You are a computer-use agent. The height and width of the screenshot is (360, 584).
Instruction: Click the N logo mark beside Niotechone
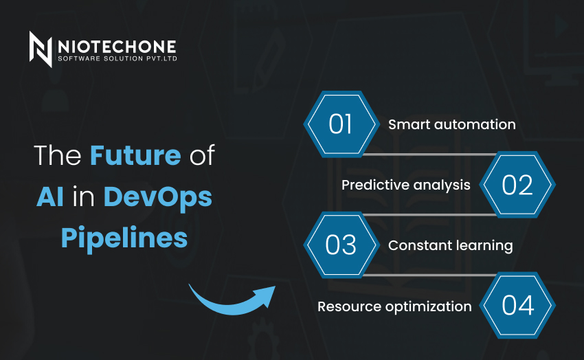pyautogui.click(x=41, y=49)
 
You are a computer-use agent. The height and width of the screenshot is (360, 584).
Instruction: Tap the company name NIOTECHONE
pyautogui.click(x=117, y=47)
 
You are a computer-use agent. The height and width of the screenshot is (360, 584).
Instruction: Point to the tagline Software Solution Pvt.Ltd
pyautogui.click(x=117, y=58)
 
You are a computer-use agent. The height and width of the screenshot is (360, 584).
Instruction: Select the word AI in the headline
pyautogui.click(x=50, y=196)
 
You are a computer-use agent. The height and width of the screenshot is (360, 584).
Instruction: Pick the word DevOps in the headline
pyautogui.click(x=157, y=198)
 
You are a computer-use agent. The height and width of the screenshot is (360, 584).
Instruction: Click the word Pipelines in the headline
pyautogui.click(x=124, y=238)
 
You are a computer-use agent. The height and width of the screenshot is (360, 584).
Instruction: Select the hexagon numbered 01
pyautogui.click(x=341, y=124)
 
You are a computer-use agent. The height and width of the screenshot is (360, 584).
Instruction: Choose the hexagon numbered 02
pyautogui.click(x=517, y=185)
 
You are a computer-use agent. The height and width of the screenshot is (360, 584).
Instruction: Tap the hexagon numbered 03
pyautogui.click(x=341, y=245)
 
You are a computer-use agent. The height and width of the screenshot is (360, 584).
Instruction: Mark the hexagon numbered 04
pyautogui.click(x=517, y=306)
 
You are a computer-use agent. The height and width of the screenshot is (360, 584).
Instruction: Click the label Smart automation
pyautogui.click(x=452, y=124)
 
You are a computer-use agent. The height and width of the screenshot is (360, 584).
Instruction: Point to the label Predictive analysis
pyautogui.click(x=406, y=185)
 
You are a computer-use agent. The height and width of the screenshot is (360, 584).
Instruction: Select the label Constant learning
pyautogui.click(x=451, y=246)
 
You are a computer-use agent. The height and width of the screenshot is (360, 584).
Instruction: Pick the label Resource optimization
pyautogui.click(x=394, y=307)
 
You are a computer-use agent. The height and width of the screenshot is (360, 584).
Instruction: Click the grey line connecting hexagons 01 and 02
pyautogui.click(x=429, y=154)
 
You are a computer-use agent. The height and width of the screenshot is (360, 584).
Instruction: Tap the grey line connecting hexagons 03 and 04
pyautogui.click(x=429, y=275)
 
